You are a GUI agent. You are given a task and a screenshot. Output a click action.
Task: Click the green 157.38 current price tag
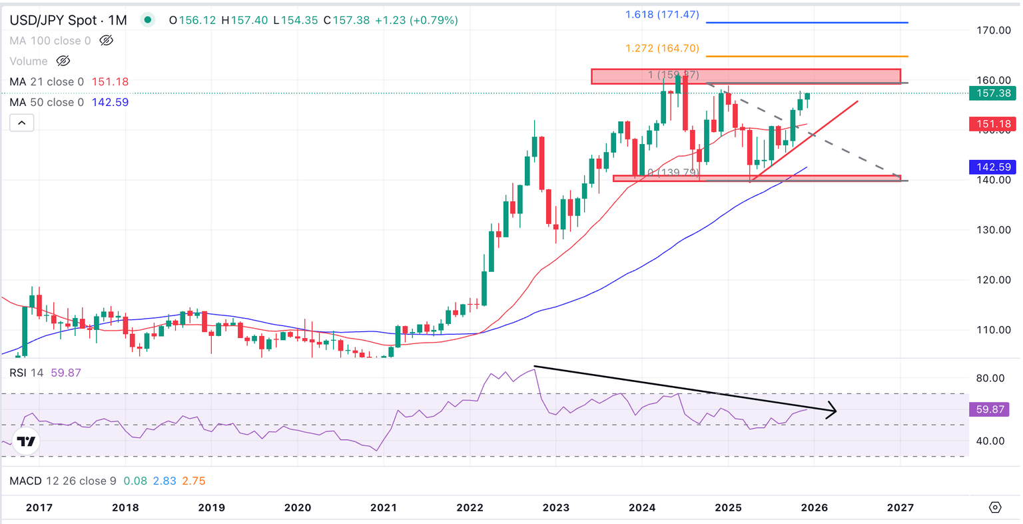[993, 93]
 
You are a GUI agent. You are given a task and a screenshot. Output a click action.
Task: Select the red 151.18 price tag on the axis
[993, 124]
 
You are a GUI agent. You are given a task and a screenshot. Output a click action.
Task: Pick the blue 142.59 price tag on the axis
[993, 167]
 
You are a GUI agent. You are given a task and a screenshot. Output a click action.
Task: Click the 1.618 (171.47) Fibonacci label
[662, 14]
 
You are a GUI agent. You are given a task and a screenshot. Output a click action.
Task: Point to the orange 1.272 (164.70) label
[662, 48]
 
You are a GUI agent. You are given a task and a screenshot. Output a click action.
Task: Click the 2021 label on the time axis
[384, 507]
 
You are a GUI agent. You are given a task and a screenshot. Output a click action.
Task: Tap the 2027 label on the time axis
[900, 507]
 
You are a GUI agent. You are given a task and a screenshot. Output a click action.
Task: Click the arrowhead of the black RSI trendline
[833, 411]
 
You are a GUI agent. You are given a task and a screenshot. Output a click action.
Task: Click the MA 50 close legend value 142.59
[110, 102]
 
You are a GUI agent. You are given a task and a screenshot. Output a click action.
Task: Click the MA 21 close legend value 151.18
[110, 81]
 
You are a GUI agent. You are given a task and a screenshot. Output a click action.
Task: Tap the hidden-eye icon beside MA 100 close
[106, 41]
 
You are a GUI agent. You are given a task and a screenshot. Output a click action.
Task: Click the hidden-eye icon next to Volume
[63, 61]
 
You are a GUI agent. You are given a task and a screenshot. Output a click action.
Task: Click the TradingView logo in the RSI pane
[26, 441]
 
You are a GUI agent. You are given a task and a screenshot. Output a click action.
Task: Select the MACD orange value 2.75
[194, 481]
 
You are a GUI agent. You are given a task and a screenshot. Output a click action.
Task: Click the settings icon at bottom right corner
[995, 507]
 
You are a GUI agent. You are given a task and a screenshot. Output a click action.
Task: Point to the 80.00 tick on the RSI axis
[990, 378]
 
